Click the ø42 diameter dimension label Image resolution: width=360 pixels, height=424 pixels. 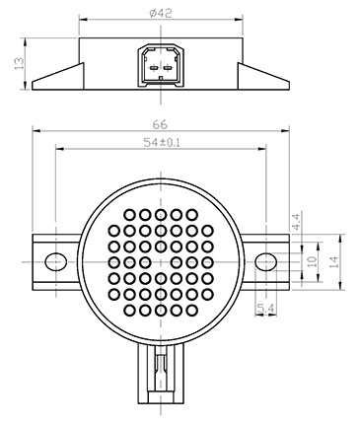[160, 13]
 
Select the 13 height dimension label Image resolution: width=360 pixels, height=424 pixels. [20, 63]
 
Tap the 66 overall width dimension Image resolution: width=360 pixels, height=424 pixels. [160, 124]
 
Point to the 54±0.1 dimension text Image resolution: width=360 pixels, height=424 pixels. [162, 143]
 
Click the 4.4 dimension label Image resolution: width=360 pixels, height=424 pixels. [296, 222]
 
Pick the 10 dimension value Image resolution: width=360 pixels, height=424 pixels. [312, 261]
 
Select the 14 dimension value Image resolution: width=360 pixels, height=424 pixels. [333, 262]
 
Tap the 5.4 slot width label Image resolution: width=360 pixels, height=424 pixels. [266, 309]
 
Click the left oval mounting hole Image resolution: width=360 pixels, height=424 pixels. [55, 262]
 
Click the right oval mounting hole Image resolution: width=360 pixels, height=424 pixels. [265, 262]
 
